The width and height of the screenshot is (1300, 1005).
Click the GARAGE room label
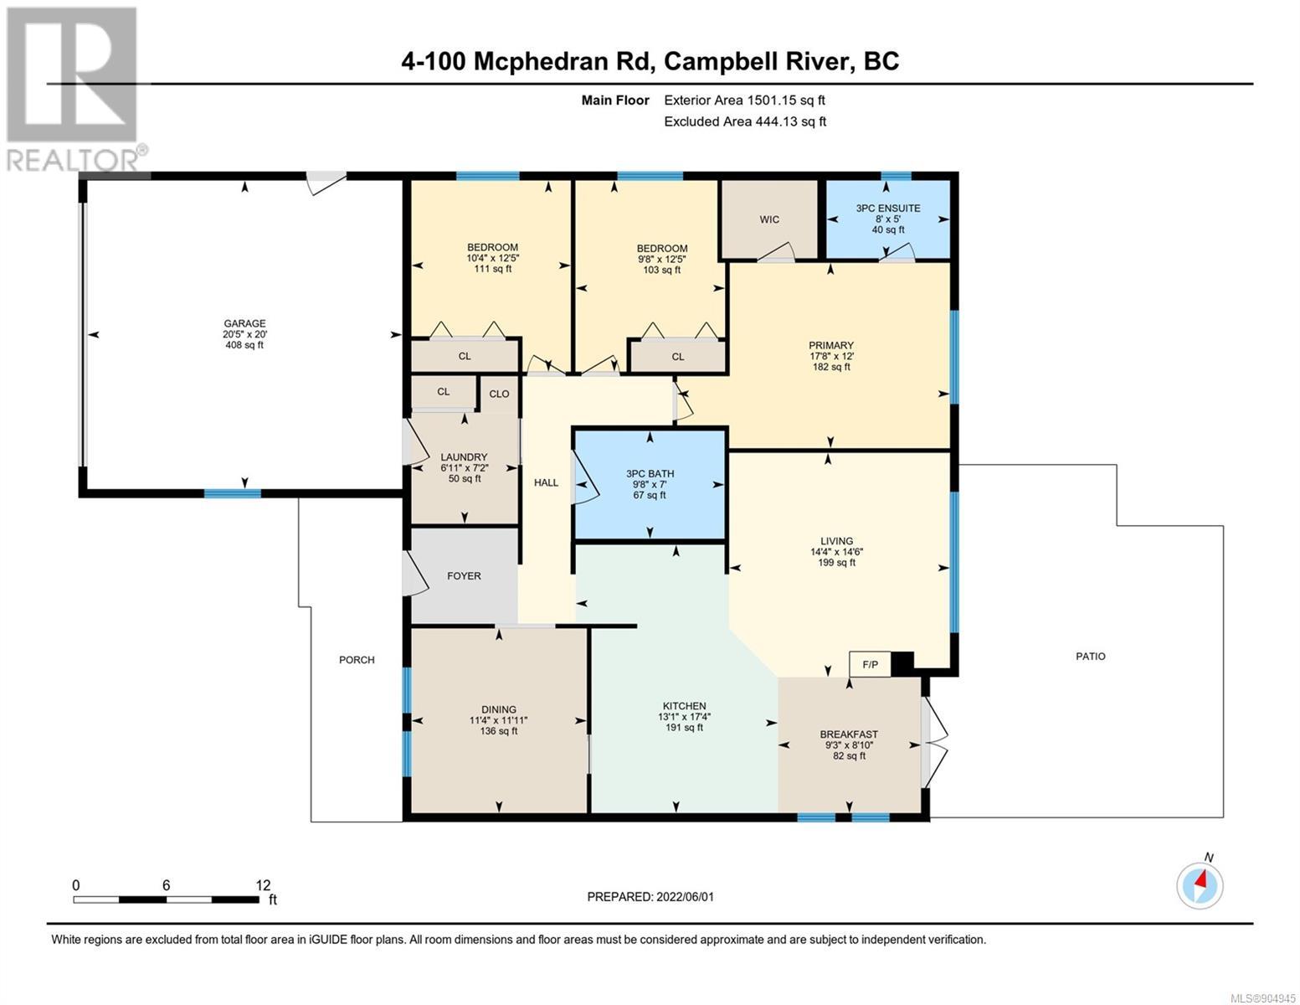pyautogui.click(x=244, y=323)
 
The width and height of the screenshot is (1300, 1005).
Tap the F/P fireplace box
pyautogui.click(x=870, y=664)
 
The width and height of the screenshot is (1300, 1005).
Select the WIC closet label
pyautogui.click(x=769, y=219)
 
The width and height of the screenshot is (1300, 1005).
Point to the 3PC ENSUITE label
pyautogui.click(x=888, y=209)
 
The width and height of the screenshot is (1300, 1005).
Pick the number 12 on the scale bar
pyautogui.click(x=263, y=884)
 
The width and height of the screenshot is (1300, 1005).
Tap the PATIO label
pyautogui.click(x=1090, y=656)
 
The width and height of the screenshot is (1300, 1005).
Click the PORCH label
pyautogui.click(x=357, y=660)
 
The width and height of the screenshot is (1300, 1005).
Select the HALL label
pyautogui.click(x=546, y=482)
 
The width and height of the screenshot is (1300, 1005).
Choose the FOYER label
pyautogui.click(x=464, y=576)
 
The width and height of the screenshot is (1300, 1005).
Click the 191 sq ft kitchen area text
pyautogui.click(x=685, y=727)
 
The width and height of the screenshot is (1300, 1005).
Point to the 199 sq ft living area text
pyautogui.click(x=836, y=562)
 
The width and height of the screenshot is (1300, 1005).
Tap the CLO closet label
pyautogui.click(x=499, y=394)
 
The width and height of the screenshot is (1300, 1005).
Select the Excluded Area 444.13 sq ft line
pyautogui.click(x=745, y=121)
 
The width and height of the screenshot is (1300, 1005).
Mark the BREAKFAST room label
pyautogui.click(x=849, y=734)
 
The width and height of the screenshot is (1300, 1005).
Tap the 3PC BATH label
pyautogui.click(x=650, y=473)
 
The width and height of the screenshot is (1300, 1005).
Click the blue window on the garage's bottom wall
pyautogui.click(x=233, y=493)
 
